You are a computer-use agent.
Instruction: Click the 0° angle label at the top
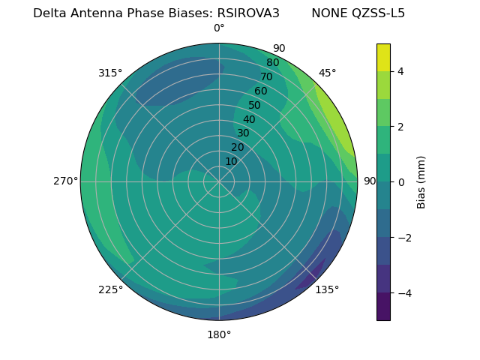click(219, 28)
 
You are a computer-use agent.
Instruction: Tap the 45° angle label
click(328, 73)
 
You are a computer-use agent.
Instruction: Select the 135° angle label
click(327, 289)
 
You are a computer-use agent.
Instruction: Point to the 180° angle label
click(219, 334)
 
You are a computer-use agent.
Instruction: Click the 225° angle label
click(110, 289)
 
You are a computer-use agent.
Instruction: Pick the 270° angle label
click(65, 181)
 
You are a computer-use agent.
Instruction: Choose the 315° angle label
click(110, 73)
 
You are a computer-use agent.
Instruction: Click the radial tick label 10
click(231, 161)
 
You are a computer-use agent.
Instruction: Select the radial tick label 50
click(254, 105)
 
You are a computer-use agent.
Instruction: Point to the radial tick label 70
click(266, 76)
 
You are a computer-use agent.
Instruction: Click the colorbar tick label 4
click(400, 71)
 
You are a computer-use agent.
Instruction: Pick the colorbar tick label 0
click(400, 181)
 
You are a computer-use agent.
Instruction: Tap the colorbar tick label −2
click(403, 238)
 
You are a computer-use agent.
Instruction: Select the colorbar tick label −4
click(403, 293)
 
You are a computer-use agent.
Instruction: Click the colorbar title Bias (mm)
click(421, 181)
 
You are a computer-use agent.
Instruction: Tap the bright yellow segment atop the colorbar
click(383, 58)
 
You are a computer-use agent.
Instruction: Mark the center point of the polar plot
click(219, 181)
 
